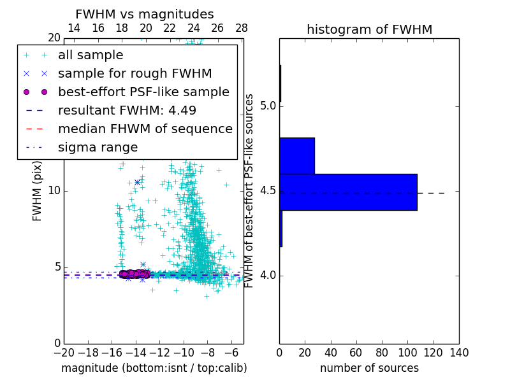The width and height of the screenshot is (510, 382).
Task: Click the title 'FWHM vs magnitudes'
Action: [x=145, y=14]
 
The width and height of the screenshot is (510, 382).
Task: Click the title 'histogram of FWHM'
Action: [x=369, y=29]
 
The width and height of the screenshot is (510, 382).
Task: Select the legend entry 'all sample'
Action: [x=91, y=55]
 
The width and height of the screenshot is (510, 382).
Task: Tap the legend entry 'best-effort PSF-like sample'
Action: [x=143, y=92]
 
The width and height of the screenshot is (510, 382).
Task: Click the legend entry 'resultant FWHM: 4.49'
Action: [x=127, y=110]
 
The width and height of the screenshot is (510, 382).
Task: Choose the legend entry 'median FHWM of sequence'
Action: [x=145, y=129]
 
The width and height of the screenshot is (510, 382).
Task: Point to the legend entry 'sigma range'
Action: [x=98, y=147]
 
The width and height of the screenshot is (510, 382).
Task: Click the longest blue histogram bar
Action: [x=348, y=192]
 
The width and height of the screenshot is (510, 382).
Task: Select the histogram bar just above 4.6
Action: [x=297, y=155]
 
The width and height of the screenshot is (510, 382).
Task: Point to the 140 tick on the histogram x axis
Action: [x=459, y=352]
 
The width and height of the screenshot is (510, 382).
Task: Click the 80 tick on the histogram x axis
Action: [x=382, y=352]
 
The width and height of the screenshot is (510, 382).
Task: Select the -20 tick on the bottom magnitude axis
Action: [x=64, y=352]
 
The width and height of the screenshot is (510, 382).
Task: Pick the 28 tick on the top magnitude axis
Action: [x=242, y=28]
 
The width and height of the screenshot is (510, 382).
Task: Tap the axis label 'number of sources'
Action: [x=369, y=368]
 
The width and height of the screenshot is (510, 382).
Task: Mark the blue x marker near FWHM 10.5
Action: [x=137, y=182]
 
